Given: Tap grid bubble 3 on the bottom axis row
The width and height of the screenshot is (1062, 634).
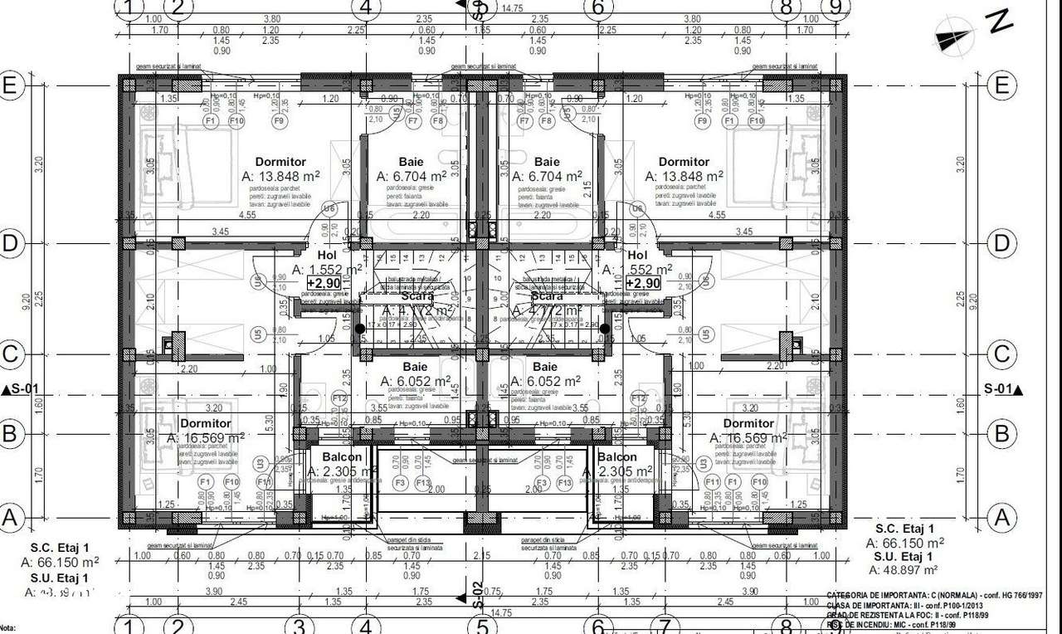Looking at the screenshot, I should click(300, 625).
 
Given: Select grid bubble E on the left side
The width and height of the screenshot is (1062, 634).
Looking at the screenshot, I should click(11, 85).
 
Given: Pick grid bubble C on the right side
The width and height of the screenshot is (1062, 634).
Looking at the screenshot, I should click(1001, 354).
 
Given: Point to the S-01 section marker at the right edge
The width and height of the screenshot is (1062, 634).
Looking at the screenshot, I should click(1001, 388).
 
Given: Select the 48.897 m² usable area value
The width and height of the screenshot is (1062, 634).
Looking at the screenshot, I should click(903, 570).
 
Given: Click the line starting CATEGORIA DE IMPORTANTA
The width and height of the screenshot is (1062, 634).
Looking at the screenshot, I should click(933, 596).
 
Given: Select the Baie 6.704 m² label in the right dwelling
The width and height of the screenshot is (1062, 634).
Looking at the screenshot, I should click(547, 169).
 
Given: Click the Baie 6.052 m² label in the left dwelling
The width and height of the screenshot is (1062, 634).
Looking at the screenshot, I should click(416, 374).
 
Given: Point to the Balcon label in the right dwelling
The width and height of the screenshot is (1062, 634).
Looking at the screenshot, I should click(616, 457).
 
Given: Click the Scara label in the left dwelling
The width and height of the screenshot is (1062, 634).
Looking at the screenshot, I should click(417, 296).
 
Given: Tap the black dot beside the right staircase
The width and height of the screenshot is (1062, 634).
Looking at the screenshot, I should click(606, 329).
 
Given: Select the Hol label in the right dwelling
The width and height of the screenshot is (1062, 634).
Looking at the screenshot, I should click(637, 256).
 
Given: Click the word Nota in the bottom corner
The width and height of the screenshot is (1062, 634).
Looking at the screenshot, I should click(7, 629).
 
